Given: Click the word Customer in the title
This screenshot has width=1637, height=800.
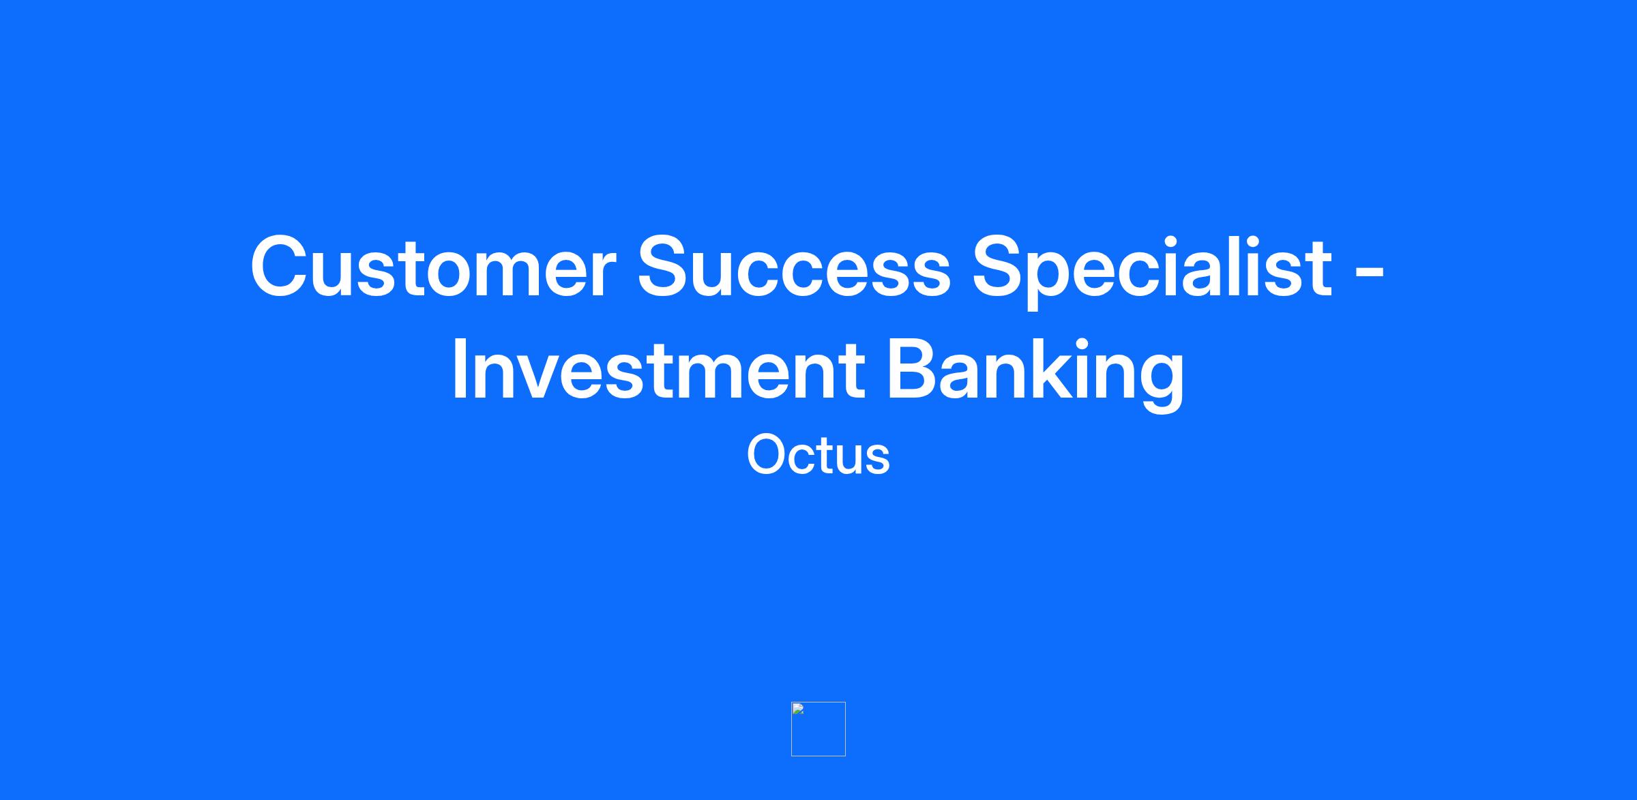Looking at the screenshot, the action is [434, 267].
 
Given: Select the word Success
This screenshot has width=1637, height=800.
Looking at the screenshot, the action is [793, 267].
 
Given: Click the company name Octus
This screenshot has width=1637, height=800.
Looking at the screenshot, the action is [818, 455].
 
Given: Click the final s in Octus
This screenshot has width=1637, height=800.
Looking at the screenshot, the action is [876, 459].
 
